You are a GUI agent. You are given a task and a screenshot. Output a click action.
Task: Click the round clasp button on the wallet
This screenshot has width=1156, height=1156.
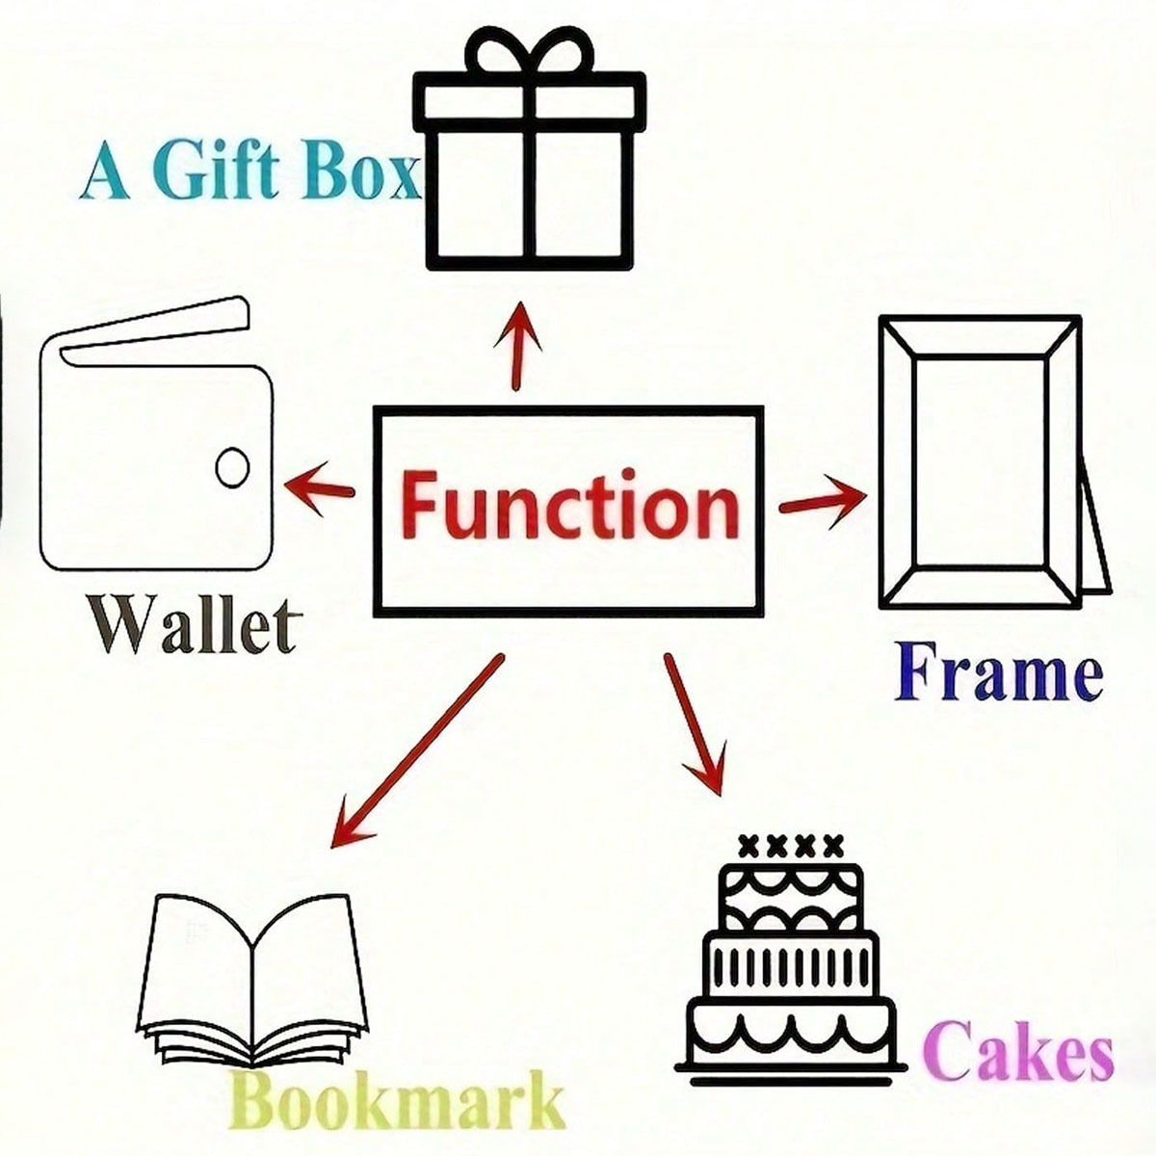(231, 468)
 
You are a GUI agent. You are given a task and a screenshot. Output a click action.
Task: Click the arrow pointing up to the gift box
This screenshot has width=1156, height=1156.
(521, 345)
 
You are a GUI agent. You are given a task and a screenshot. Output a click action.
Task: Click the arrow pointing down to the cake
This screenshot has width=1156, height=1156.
(694, 722)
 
